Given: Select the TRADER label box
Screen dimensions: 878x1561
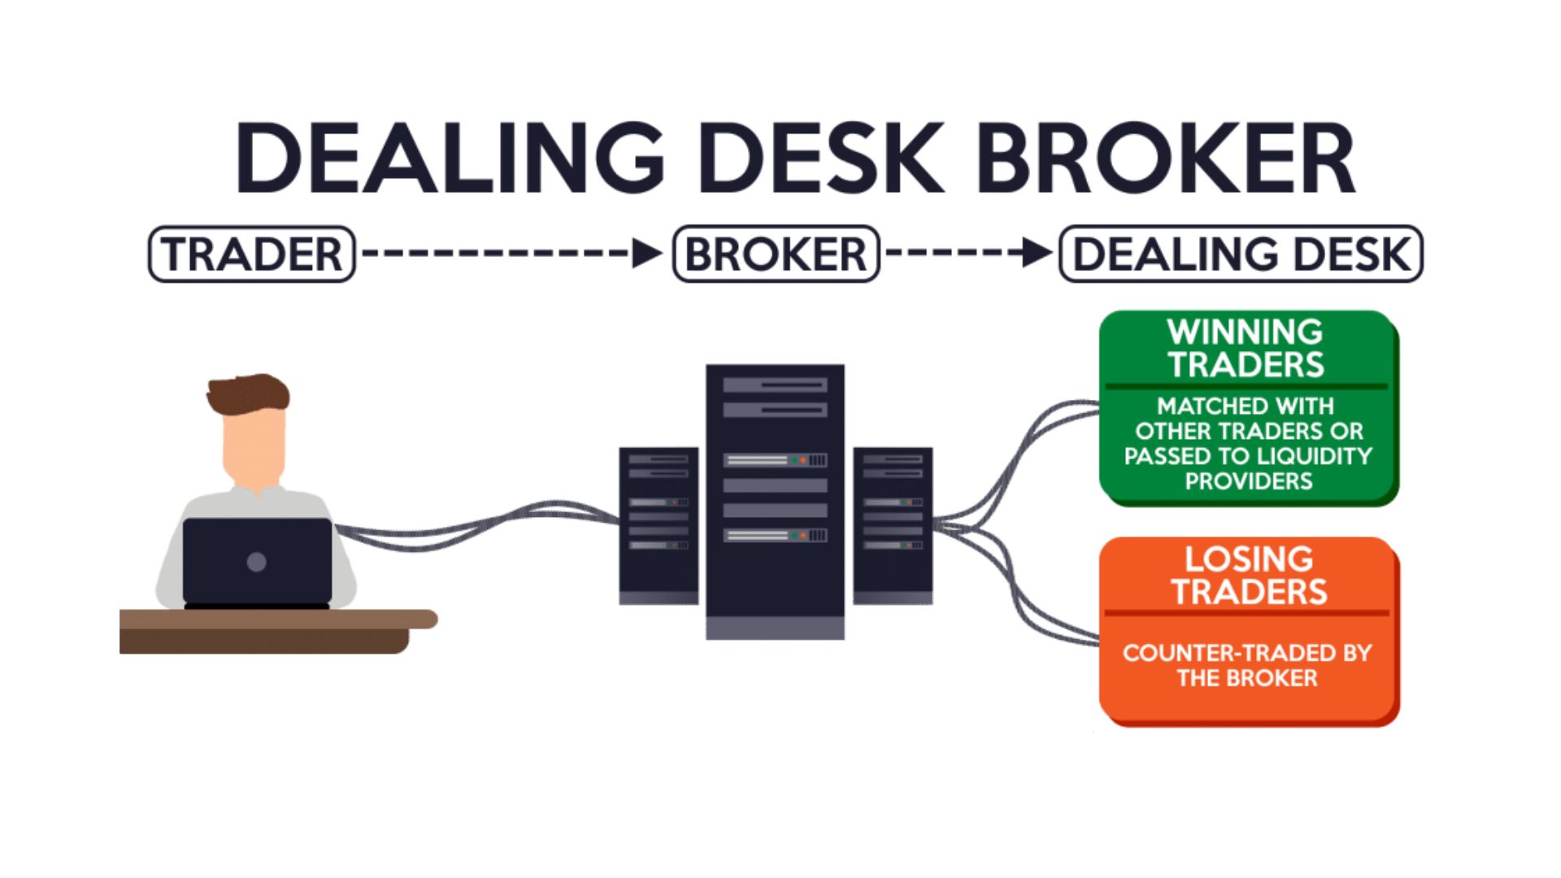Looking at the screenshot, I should point(252,254).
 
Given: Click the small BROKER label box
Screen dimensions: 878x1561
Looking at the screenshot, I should point(776,254).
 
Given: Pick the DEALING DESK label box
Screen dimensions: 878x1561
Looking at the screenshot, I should point(1241,254).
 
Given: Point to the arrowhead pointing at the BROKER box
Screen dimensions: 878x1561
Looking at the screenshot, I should point(647,254).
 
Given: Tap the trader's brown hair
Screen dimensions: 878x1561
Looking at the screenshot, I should point(248,393).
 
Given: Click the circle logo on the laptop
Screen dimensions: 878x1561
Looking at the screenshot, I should point(256,562).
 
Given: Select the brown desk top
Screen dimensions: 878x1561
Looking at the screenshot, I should point(276,619).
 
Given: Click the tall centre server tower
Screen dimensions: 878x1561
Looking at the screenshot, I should point(775,500).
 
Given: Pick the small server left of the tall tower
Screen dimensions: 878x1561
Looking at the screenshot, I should point(659,524).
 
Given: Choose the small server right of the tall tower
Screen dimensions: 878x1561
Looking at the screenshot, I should point(893,524).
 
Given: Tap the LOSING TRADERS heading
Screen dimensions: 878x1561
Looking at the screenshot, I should point(1248,575).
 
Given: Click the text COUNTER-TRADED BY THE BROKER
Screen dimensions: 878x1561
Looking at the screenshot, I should point(1247,665).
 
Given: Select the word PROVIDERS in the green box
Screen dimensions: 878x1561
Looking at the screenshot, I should point(1248,481).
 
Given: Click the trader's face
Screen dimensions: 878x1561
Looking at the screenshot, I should point(254,451).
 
